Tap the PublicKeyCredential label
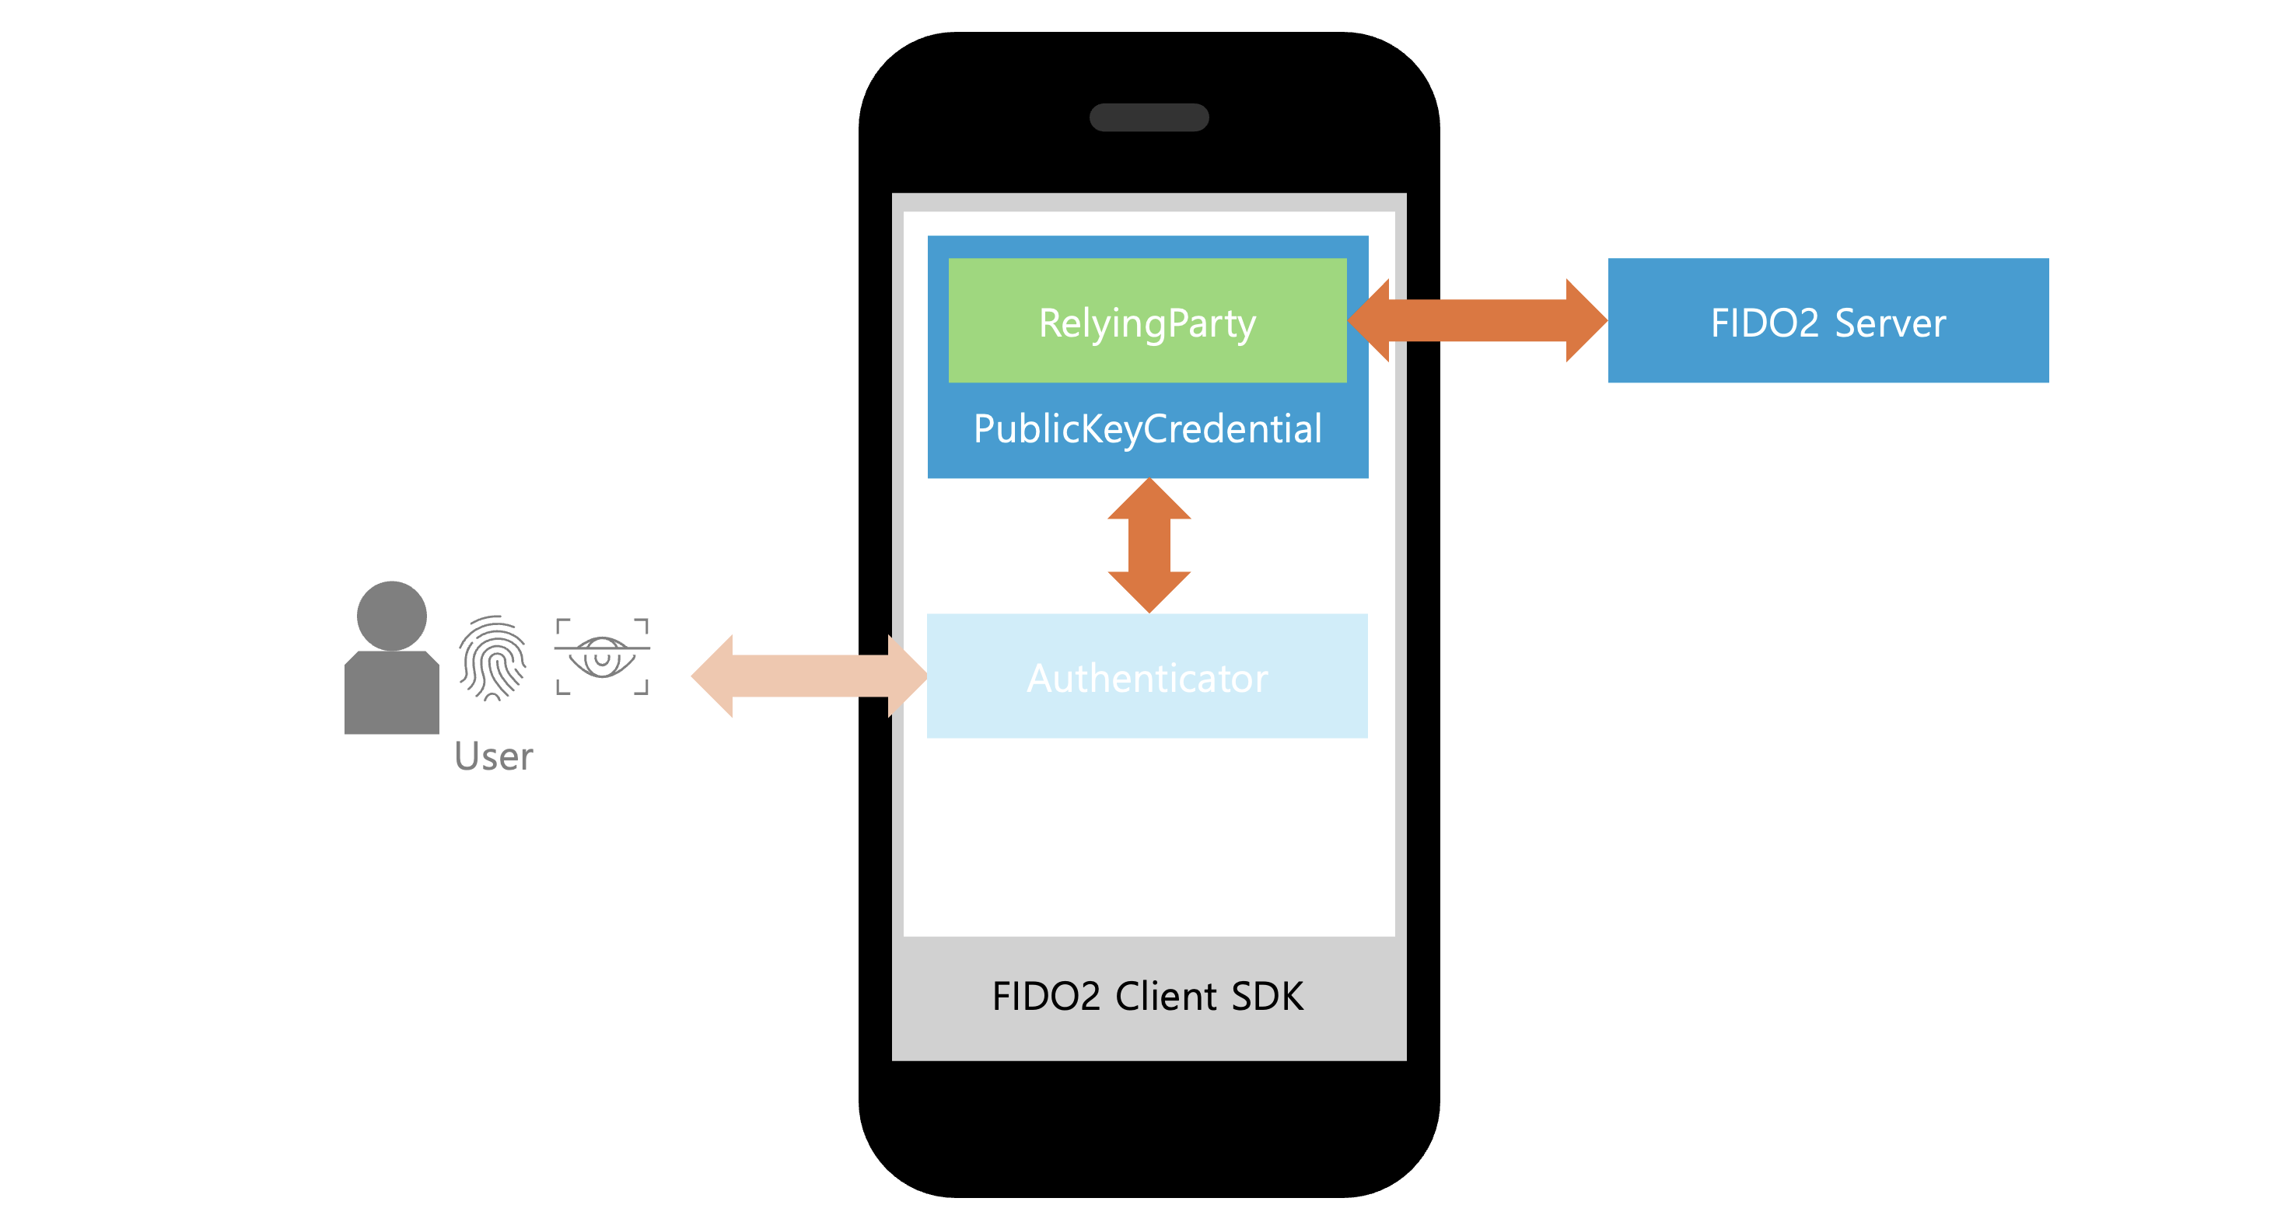[x=1148, y=430]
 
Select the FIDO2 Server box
[x=1828, y=320]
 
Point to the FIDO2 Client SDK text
[x=1148, y=996]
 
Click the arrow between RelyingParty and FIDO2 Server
[x=1477, y=320]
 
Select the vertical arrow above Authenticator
[x=1149, y=545]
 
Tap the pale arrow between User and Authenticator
[x=809, y=676]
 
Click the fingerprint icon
[x=493, y=658]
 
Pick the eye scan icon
[x=602, y=656]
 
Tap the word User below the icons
[x=494, y=756]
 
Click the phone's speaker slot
[x=1149, y=117]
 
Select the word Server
[x=1890, y=323]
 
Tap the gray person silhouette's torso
[x=392, y=693]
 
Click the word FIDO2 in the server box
[x=1765, y=323]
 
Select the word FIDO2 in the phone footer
[x=1046, y=996]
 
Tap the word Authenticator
[x=1148, y=679]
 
